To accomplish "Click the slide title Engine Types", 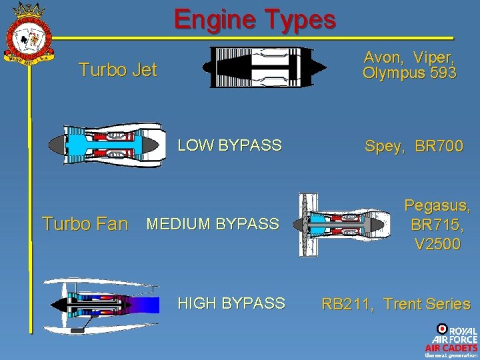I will click(x=255, y=20).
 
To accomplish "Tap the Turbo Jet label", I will click(x=117, y=69).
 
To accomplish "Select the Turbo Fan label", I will click(x=85, y=224).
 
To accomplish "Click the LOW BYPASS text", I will click(x=229, y=145).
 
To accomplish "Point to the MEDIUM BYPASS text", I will click(x=212, y=224).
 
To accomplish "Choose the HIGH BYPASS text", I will click(x=231, y=304).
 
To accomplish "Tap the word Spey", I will click(x=385, y=146).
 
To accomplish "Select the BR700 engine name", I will click(x=439, y=146).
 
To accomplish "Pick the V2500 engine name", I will click(x=437, y=245).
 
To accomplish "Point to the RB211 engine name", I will click(x=347, y=305).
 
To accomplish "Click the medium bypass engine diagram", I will click(x=344, y=225).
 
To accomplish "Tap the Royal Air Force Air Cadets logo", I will click(x=451, y=340).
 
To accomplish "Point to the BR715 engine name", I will click(x=437, y=225).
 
